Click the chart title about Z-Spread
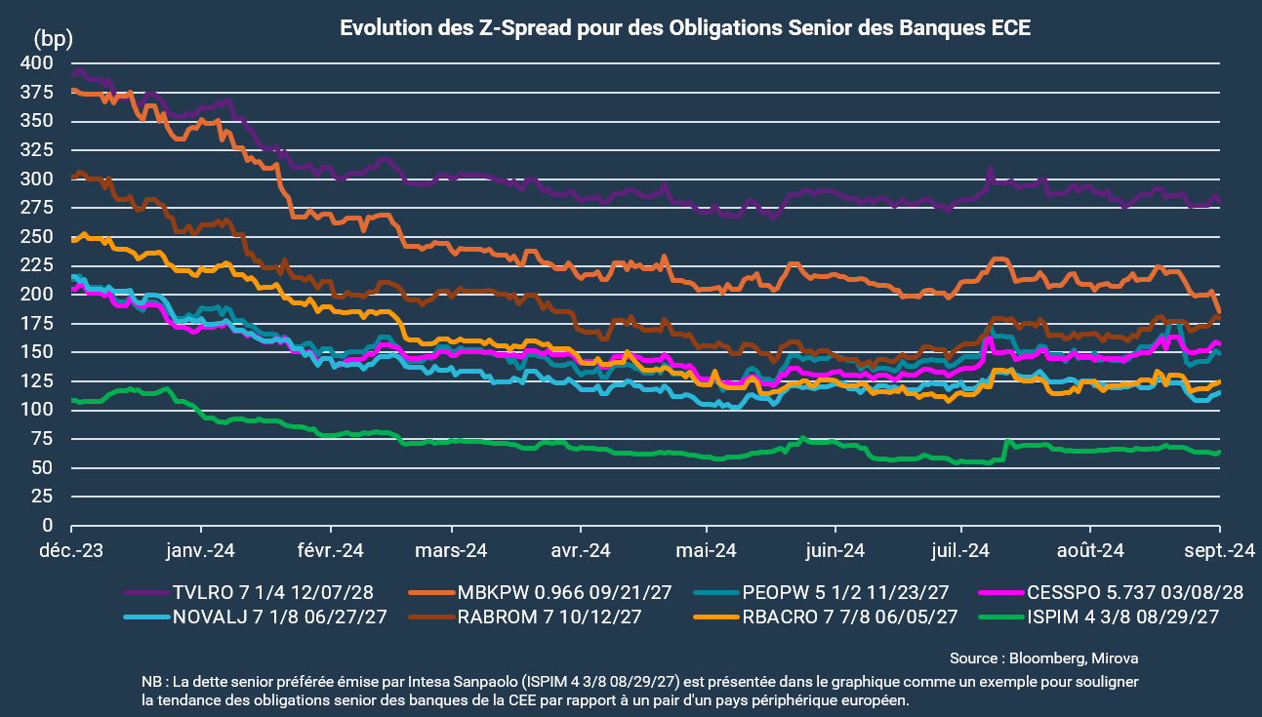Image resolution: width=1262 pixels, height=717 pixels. pos(685,28)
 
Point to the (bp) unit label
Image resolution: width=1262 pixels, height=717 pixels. pos(54,39)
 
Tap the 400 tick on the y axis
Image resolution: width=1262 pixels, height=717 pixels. pos(37,63)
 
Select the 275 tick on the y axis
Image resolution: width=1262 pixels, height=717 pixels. pos(37,208)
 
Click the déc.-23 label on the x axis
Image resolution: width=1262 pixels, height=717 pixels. pos(73,550)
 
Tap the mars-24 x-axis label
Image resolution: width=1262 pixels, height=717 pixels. pos(454,550)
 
